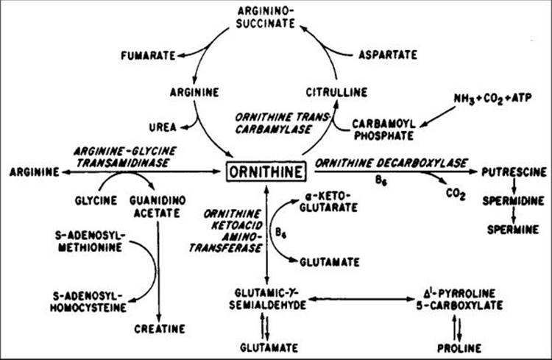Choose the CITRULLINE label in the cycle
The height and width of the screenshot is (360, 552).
pyautogui.click(x=333, y=93)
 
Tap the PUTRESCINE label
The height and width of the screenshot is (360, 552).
pyautogui.click(x=513, y=173)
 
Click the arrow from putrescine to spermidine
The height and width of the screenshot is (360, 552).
pyautogui.click(x=512, y=186)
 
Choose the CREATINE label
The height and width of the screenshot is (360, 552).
pyautogui.click(x=159, y=328)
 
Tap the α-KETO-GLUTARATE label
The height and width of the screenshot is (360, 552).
pyautogui.click(x=328, y=204)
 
